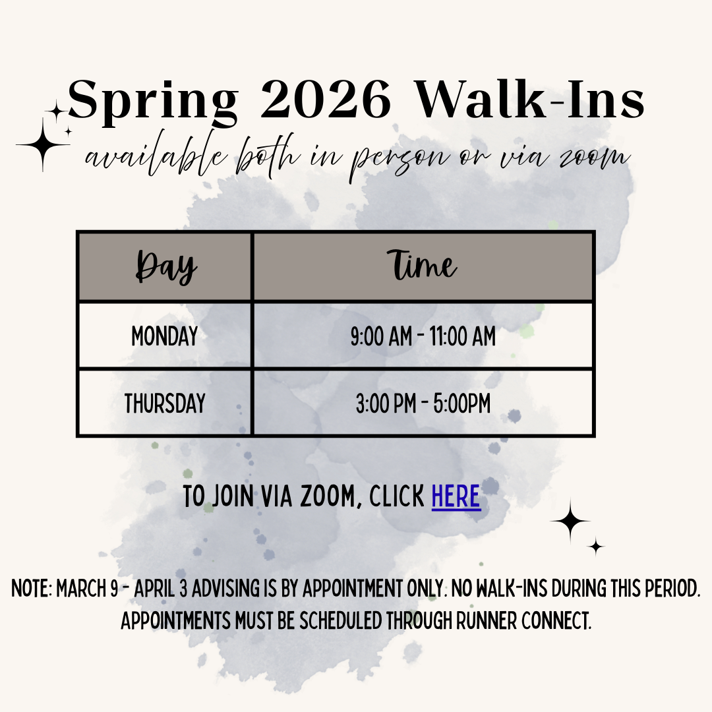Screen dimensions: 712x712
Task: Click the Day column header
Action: point(165,267)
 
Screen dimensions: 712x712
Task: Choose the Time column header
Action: point(423,266)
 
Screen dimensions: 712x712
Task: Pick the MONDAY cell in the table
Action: point(165,337)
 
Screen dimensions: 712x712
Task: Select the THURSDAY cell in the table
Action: point(165,403)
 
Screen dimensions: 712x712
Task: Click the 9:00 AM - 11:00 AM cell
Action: point(423,337)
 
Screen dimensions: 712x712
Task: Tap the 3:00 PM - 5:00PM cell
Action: point(423,403)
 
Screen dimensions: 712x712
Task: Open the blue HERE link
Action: point(456,496)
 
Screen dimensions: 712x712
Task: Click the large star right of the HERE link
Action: point(570,521)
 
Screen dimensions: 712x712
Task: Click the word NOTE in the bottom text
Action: point(30,589)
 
